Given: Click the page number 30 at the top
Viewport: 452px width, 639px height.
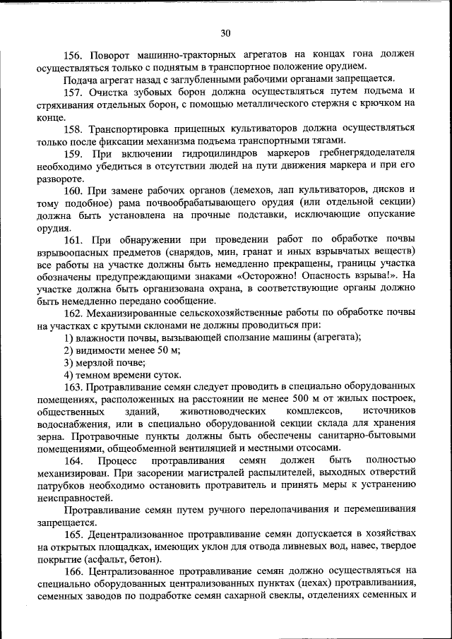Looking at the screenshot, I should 225,32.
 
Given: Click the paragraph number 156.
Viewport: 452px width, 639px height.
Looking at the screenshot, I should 73,54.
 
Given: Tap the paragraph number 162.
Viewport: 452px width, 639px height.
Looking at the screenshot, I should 74,313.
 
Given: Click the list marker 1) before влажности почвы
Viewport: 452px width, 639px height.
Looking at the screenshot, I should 69,338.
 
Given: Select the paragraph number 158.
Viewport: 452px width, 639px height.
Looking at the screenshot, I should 73,129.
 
